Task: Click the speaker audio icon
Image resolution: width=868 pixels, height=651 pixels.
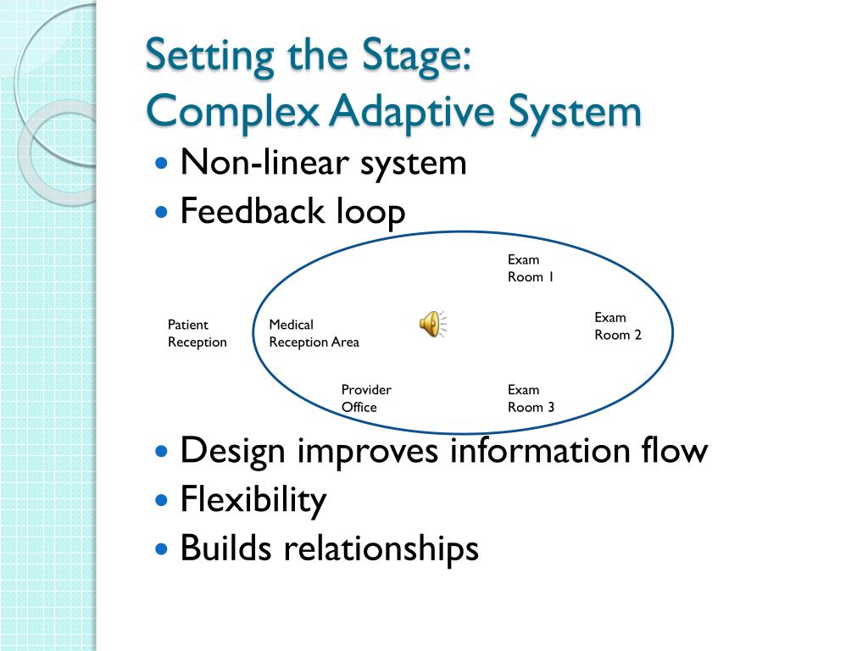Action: (x=432, y=324)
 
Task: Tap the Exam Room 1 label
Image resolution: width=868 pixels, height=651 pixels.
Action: (x=531, y=269)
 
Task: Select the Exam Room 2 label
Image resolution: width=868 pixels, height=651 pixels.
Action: (x=617, y=326)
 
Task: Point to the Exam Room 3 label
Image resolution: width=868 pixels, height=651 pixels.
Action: (x=531, y=398)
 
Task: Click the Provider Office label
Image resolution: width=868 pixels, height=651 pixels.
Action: (x=366, y=398)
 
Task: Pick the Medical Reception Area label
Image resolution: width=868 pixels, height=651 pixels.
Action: (x=314, y=333)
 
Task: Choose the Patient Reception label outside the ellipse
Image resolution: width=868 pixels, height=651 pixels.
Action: (x=197, y=333)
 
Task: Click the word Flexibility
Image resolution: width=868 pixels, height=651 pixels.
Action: (x=253, y=500)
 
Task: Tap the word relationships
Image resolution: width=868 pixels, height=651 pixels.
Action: (x=381, y=548)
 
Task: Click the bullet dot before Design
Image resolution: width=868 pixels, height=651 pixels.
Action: (x=163, y=451)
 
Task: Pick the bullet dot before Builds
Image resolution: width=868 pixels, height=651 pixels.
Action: (x=163, y=549)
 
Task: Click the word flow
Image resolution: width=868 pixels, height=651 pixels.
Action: (x=673, y=450)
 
